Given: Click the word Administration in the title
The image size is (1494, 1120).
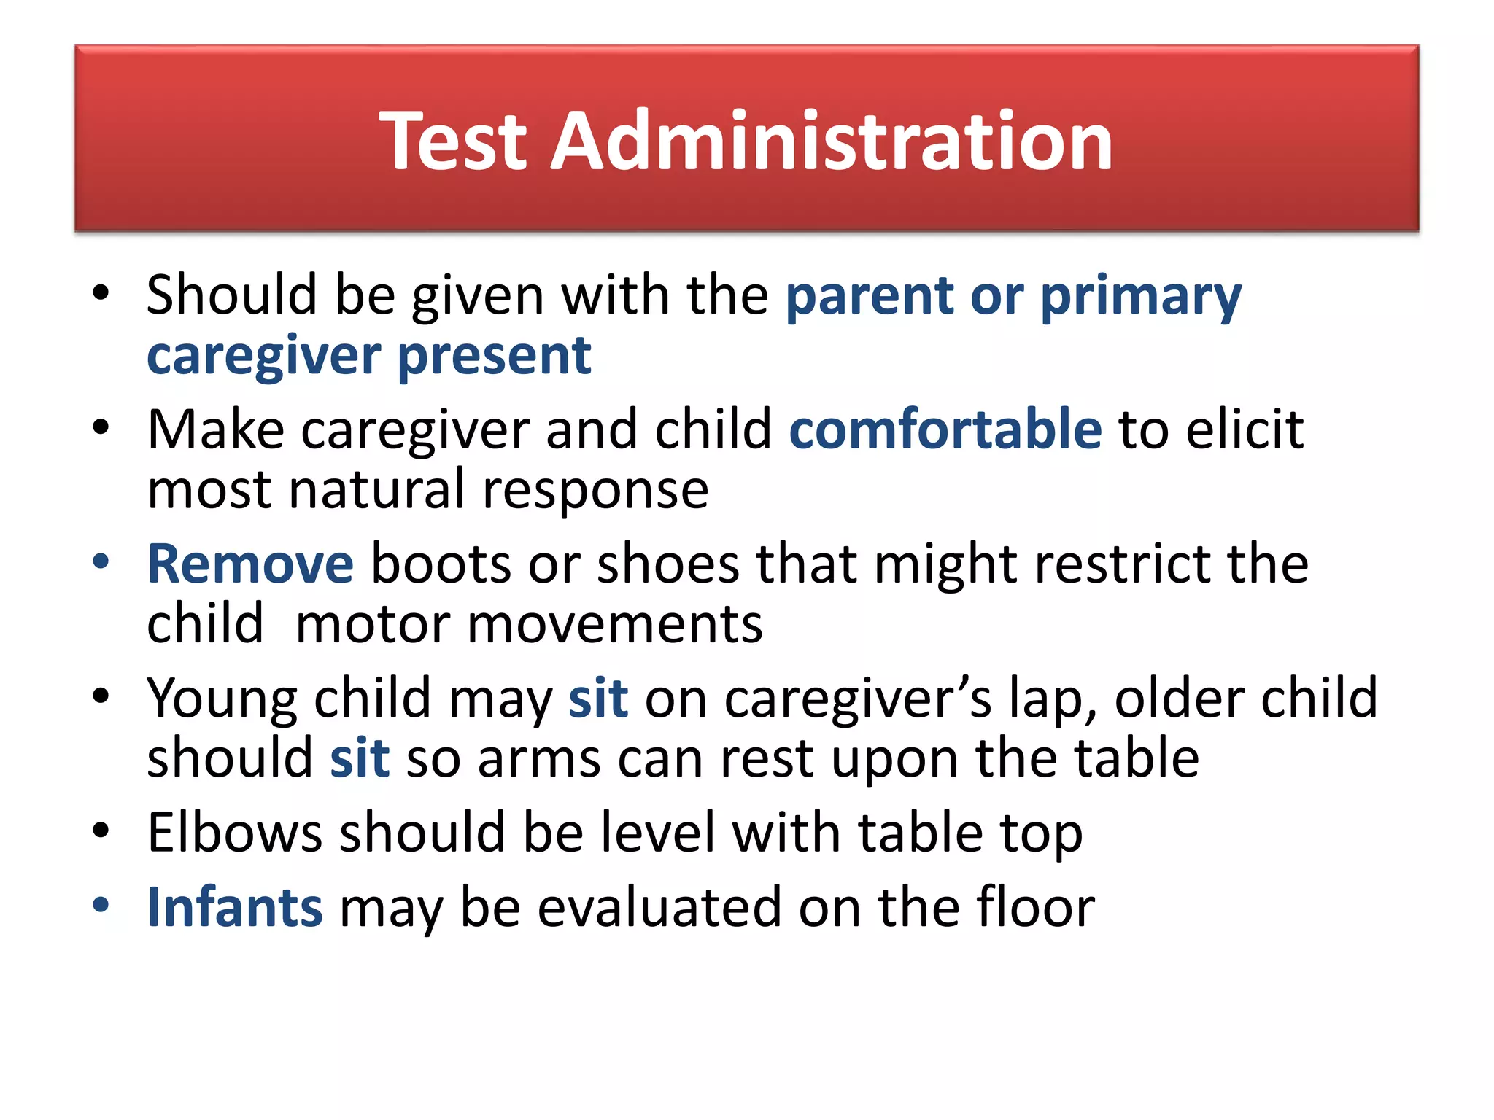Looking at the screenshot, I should pyautogui.click(x=831, y=141).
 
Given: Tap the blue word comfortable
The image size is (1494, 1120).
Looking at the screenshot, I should pyautogui.click(x=945, y=429).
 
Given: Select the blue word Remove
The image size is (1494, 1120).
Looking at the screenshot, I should pyautogui.click(x=250, y=564).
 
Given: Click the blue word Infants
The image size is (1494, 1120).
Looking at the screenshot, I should pyautogui.click(x=235, y=907).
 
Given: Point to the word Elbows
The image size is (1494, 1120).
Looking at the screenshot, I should pyautogui.click(x=234, y=833).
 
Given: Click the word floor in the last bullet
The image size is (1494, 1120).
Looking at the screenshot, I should pyautogui.click(x=1035, y=907).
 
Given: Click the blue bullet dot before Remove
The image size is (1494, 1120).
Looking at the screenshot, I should pyautogui.click(x=101, y=562).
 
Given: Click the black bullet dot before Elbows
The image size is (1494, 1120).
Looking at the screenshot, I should pyautogui.click(x=101, y=831).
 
